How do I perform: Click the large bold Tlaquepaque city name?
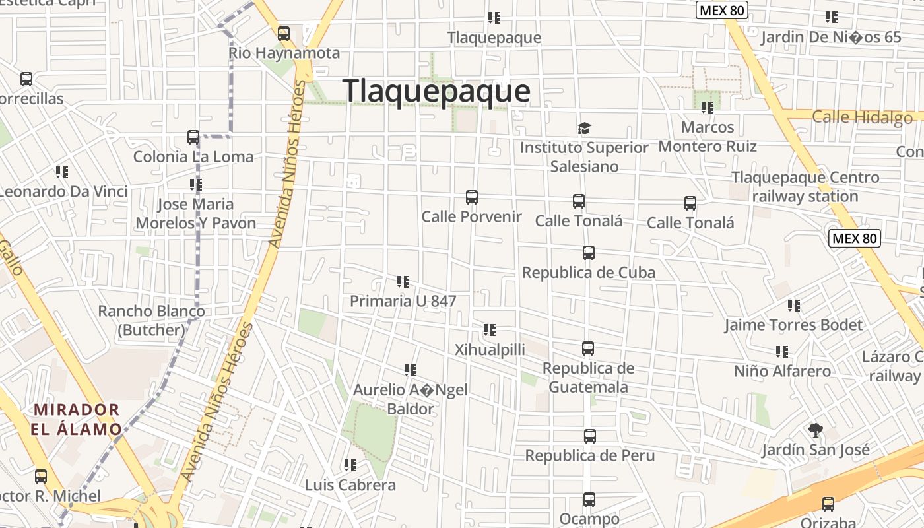click(436, 91)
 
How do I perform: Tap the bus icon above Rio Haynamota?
click(284, 33)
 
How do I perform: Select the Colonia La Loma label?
click(193, 157)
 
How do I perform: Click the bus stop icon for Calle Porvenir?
click(471, 197)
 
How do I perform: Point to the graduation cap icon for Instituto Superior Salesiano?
click(584, 128)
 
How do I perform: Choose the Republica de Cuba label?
click(589, 273)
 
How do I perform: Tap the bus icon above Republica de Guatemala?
click(588, 348)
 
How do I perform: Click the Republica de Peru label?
click(590, 455)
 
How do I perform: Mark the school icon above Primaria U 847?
click(403, 282)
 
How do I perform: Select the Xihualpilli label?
click(490, 350)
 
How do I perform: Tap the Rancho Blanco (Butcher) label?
click(151, 320)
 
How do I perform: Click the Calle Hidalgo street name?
click(862, 117)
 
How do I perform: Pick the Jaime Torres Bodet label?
click(793, 325)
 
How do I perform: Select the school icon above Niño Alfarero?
click(782, 352)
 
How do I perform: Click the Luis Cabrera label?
click(350, 485)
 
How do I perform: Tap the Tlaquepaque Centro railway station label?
click(805, 187)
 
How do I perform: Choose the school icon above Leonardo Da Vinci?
click(62, 172)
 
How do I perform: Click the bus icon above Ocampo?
click(589, 500)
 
